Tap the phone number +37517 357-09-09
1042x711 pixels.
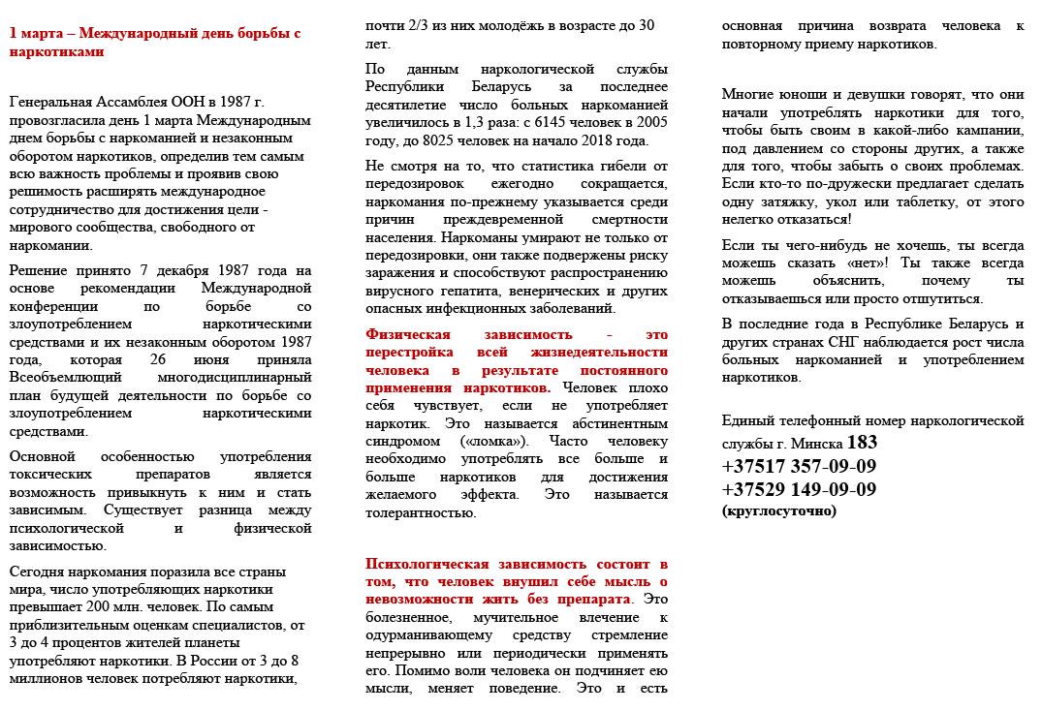pos(799,466)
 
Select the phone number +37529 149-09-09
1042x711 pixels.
pos(799,489)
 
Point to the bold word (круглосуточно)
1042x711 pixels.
pos(778,510)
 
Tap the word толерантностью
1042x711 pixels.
pos(421,512)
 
